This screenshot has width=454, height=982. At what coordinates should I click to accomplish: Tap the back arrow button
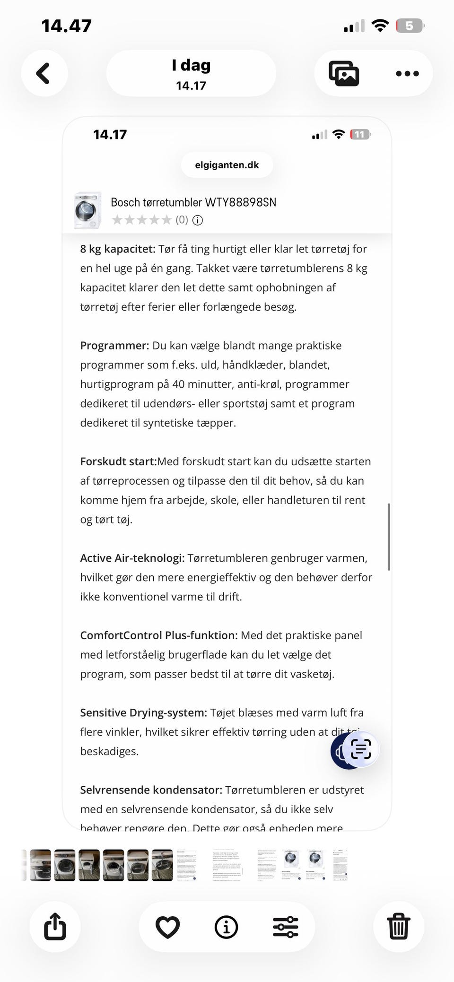(44, 74)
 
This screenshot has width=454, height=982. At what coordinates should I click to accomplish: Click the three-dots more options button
(407, 74)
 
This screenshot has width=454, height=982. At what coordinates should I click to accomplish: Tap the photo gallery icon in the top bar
(344, 74)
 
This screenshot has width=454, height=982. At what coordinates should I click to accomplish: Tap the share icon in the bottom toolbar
(55, 927)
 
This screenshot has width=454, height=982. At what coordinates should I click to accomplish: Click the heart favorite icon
(167, 927)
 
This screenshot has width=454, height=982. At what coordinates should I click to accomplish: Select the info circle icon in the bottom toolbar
(226, 927)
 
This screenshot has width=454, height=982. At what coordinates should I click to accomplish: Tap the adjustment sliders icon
(286, 927)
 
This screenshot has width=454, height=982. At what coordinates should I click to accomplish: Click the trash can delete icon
(398, 927)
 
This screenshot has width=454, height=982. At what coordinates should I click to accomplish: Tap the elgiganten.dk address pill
(227, 165)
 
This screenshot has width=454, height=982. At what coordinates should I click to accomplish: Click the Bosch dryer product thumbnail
(87, 210)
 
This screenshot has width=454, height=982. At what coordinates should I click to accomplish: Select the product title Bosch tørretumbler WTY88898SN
(193, 202)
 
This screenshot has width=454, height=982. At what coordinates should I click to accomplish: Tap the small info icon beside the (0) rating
(198, 220)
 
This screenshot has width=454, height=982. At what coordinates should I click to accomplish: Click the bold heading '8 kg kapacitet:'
(118, 249)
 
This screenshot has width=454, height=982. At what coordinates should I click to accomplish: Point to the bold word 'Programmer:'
(114, 346)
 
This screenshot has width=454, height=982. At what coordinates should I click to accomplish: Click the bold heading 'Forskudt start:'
(118, 461)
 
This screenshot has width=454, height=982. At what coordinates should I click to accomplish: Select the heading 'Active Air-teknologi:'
(132, 558)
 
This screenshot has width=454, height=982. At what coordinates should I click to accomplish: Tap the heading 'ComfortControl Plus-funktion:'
(159, 635)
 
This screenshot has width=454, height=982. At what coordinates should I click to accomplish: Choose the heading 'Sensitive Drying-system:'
(143, 713)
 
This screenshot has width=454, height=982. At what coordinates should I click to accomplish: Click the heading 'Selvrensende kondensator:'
(151, 790)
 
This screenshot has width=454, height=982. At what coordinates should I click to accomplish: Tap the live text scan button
(361, 749)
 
